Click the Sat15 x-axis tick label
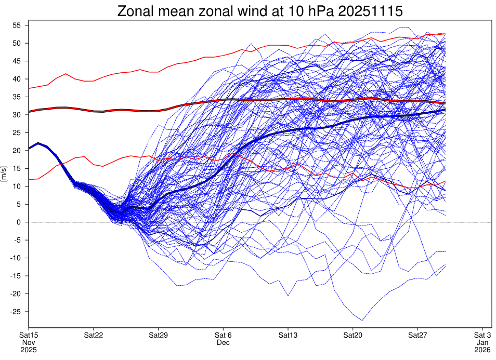click(x=29, y=335)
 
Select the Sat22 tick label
click(x=93, y=335)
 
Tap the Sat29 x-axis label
click(x=158, y=335)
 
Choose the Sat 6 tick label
click(x=223, y=335)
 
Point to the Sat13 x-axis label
click(x=288, y=335)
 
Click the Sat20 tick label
click(x=353, y=335)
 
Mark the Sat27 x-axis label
click(x=418, y=335)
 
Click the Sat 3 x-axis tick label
click(x=482, y=335)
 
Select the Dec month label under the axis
click(x=223, y=342)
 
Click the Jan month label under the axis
click(x=482, y=342)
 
